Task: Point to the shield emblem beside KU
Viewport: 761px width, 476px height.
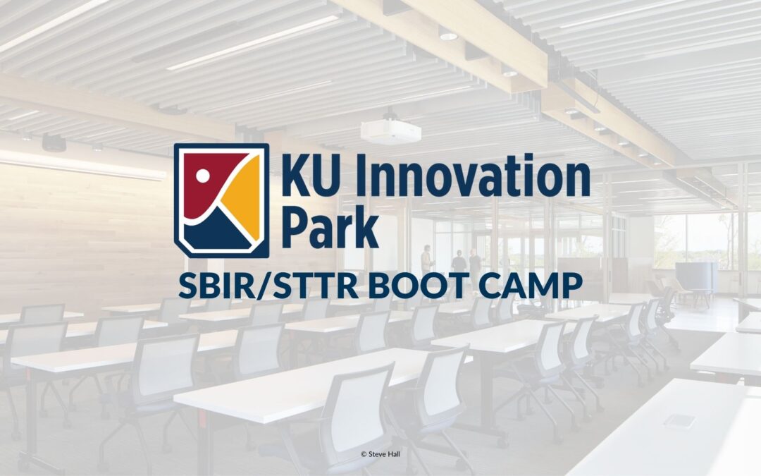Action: pyautogui.click(x=221, y=200)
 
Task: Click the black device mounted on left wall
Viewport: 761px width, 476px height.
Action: pyautogui.click(x=54, y=142)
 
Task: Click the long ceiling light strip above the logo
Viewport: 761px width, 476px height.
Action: pyautogui.click(x=254, y=44)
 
